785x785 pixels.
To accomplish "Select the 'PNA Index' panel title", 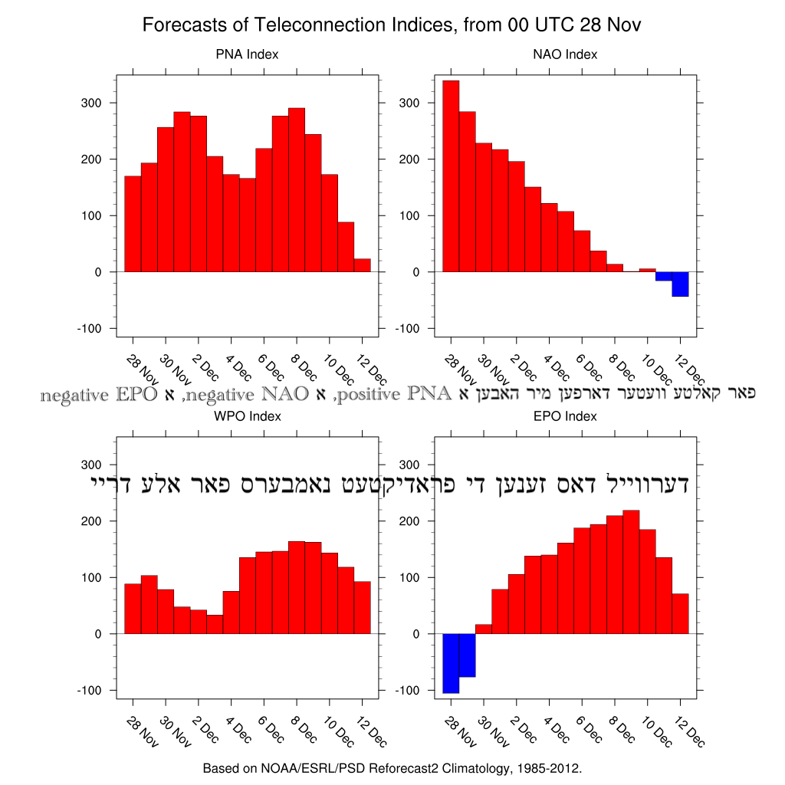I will [247, 54].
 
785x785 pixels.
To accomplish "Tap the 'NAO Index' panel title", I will [565, 54].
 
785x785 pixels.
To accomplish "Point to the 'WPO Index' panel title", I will [247, 416].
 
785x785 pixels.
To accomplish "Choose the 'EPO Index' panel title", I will [565, 416].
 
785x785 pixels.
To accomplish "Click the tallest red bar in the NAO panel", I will [451, 176].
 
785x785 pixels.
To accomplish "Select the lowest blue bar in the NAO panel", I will [680, 284].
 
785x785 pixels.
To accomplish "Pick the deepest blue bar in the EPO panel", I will [451, 663].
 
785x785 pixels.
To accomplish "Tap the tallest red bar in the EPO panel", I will [631, 572].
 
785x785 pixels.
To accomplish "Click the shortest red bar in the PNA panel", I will [362, 265].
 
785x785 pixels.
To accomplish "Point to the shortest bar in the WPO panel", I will [215, 624].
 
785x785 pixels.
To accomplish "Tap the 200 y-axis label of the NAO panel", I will [409, 159].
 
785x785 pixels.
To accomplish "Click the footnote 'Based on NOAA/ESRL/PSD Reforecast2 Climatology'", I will [392, 767].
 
